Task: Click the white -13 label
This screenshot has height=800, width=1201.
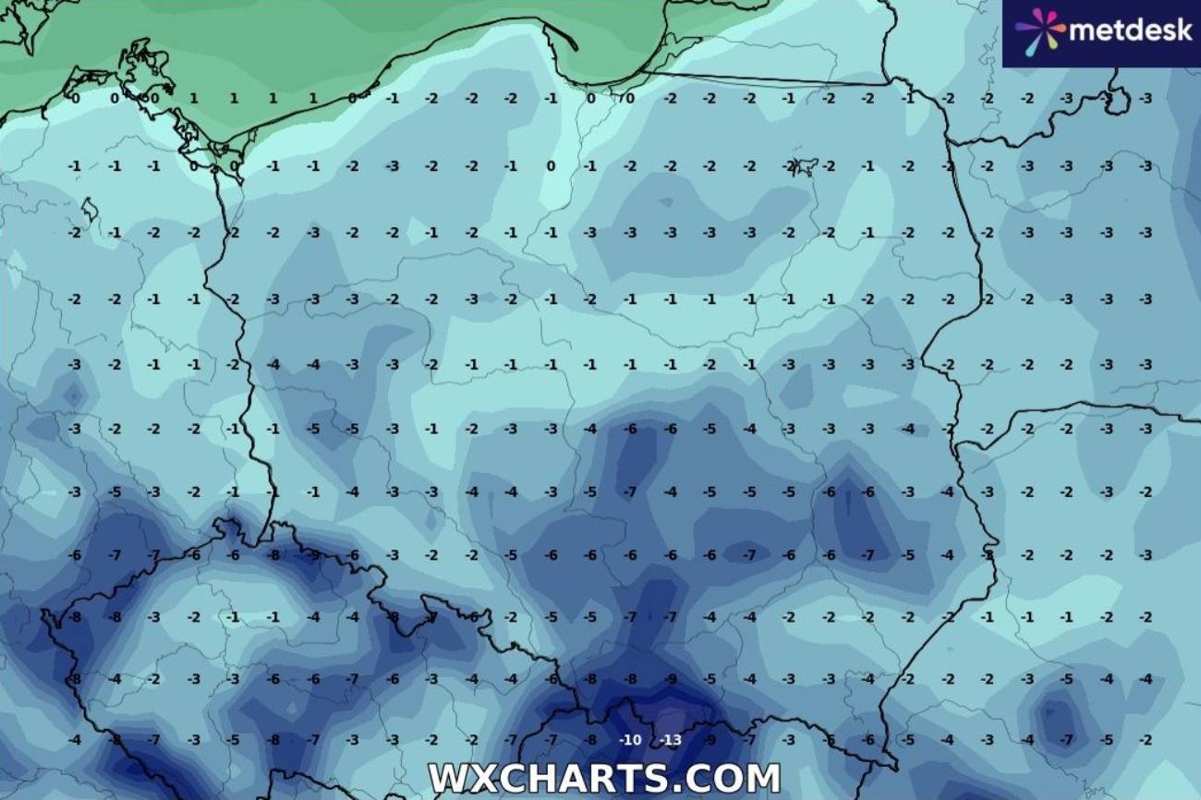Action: [671, 740]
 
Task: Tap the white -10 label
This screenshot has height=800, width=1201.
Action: [631, 740]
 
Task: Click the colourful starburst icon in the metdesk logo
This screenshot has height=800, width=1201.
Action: [1039, 31]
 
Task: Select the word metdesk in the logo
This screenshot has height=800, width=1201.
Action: [1131, 31]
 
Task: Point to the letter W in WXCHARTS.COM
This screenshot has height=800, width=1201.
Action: [445, 778]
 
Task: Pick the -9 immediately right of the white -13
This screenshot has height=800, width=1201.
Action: [710, 740]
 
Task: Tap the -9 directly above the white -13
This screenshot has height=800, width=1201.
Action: [671, 679]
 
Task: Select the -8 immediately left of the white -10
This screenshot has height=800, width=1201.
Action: [591, 740]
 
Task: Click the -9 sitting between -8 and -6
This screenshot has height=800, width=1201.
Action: [313, 555]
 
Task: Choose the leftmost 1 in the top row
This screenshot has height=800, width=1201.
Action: [194, 98]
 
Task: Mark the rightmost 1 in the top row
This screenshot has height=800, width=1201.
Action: [313, 98]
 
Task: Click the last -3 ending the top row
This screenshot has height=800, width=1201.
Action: [1146, 98]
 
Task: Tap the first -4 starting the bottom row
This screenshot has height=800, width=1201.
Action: [75, 740]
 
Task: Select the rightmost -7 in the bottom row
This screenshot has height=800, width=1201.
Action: [1066, 740]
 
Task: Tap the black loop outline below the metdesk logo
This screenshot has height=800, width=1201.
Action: [1118, 97]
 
